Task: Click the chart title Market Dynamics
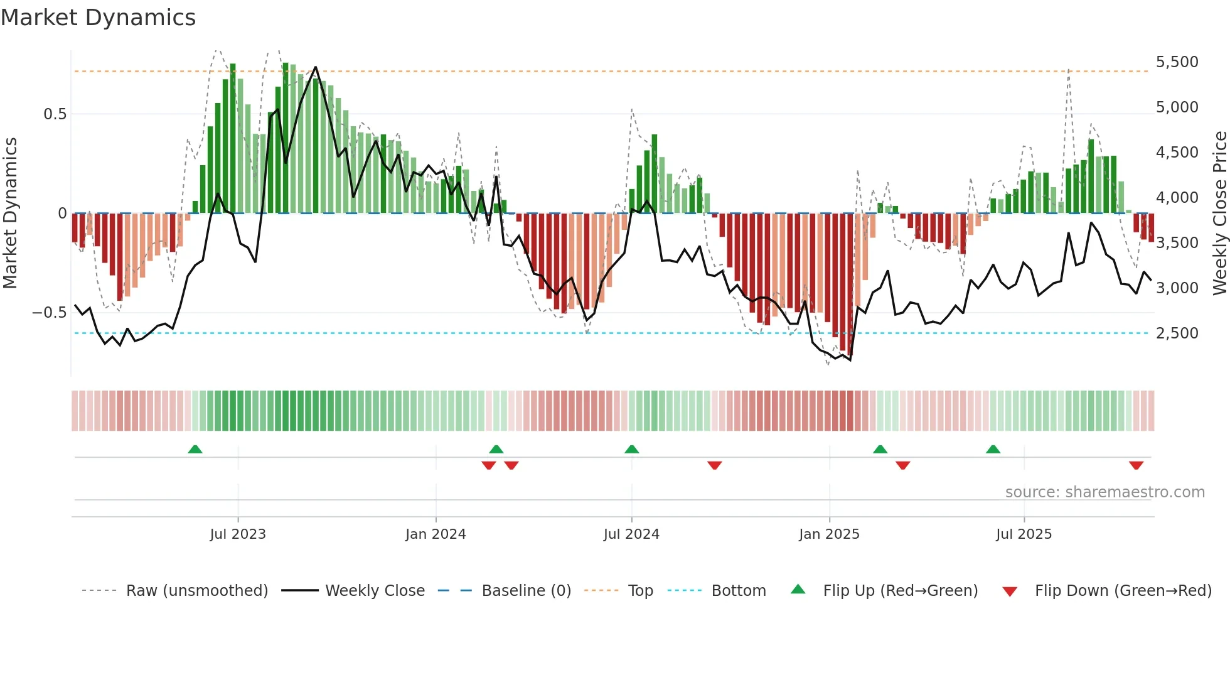[x=98, y=18]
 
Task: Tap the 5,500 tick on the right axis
[x=1177, y=62]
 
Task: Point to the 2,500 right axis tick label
[x=1177, y=333]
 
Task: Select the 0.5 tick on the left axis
[x=55, y=114]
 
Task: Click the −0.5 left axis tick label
[x=50, y=313]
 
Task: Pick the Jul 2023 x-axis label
[x=238, y=534]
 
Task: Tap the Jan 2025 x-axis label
[x=829, y=534]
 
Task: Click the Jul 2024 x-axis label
[x=631, y=534]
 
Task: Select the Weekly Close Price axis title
[x=1219, y=213]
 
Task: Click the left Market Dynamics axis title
[x=10, y=213]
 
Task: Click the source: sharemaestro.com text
[x=1104, y=492]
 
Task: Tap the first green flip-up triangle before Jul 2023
[x=195, y=450]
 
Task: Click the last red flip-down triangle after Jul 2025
[x=1136, y=465]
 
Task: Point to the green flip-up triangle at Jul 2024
[x=632, y=450]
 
